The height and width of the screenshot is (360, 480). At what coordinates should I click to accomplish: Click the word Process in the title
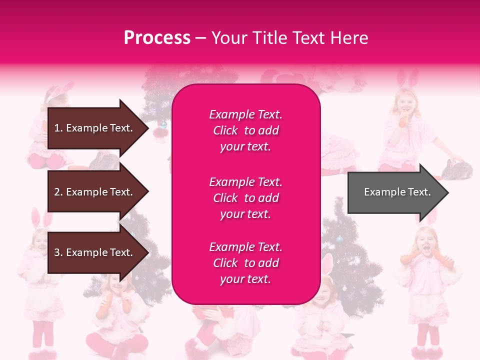coord(157,38)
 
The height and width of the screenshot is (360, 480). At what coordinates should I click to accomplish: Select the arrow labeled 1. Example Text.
coord(95,128)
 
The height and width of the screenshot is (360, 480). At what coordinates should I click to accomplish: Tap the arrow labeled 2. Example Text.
coord(95,192)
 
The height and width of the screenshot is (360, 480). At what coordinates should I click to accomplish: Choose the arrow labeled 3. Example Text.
coord(95,252)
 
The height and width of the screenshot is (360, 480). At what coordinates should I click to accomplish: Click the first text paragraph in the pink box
coord(245,130)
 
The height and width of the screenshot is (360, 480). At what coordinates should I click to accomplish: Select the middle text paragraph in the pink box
coord(245,198)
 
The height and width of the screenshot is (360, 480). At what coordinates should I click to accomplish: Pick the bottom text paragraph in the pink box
coord(245,263)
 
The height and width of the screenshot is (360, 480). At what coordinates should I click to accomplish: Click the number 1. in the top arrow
coord(58,128)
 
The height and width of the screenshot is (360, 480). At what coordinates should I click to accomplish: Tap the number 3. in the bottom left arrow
coord(58,252)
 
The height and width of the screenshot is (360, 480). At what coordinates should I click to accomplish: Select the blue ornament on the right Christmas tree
coord(340,239)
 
